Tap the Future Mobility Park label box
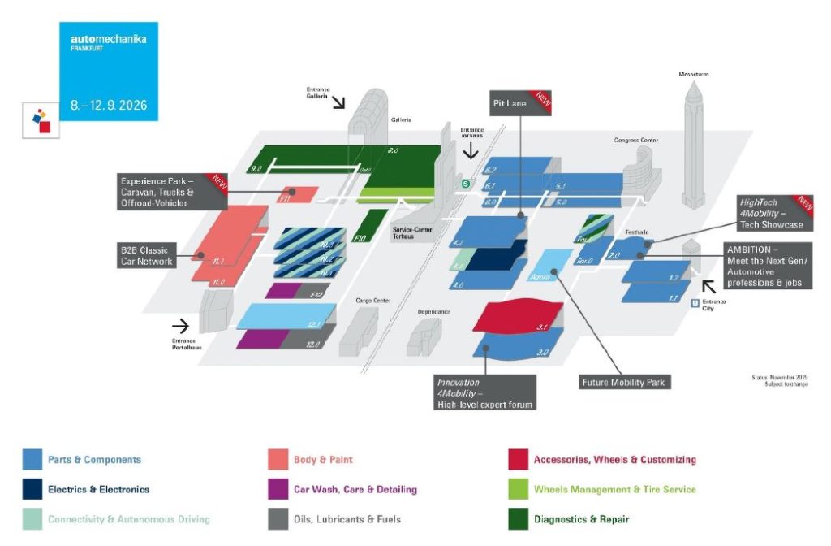pos(625,380)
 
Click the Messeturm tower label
pos(694,74)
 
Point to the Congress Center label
pos(635,141)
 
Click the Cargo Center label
pos(373,301)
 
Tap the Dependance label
pos(433,311)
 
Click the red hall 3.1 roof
pos(519,319)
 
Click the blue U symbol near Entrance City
pos(695,303)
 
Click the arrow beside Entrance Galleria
pos(337,102)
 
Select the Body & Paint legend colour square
pos(278,460)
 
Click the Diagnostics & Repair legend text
pos(581,518)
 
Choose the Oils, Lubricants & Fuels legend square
pos(278,518)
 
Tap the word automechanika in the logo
pos(108,39)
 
